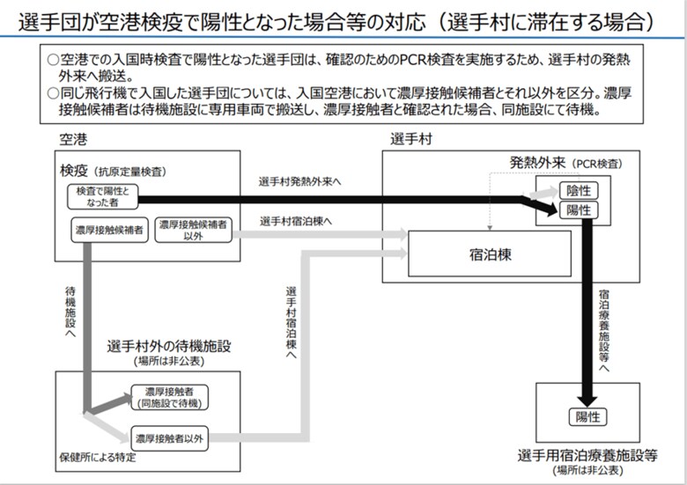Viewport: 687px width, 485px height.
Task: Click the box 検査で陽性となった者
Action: (x=103, y=196)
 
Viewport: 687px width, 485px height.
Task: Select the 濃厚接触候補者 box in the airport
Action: (x=109, y=230)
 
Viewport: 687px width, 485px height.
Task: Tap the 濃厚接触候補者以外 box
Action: (x=193, y=230)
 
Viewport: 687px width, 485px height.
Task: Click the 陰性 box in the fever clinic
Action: (x=579, y=191)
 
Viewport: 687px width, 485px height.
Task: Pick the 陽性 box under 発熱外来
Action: (x=579, y=210)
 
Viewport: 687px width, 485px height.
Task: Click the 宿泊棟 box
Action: (x=490, y=254)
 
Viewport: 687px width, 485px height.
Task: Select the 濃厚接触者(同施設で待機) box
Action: (x=170, y=398)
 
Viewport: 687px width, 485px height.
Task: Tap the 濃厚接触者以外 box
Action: (x=170, y=438)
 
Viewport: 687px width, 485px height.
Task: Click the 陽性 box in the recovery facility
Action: (x=587, y=416)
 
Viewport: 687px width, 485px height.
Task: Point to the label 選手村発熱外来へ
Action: (x=299, y=181)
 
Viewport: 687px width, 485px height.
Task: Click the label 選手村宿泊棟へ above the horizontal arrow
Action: (x=296, y=222)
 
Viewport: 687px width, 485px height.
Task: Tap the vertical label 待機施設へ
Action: (x=70, y=312)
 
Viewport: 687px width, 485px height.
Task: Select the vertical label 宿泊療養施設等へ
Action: (x=603, y=331)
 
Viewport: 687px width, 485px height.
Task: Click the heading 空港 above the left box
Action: (x=73, y=140)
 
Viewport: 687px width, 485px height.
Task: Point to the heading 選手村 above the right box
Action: (x=411, y=139)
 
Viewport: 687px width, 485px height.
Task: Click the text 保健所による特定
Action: (x=97, y=458)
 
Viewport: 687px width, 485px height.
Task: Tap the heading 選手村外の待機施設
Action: (x=169, y=346)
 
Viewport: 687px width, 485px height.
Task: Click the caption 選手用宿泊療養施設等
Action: (x=587, y=456)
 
